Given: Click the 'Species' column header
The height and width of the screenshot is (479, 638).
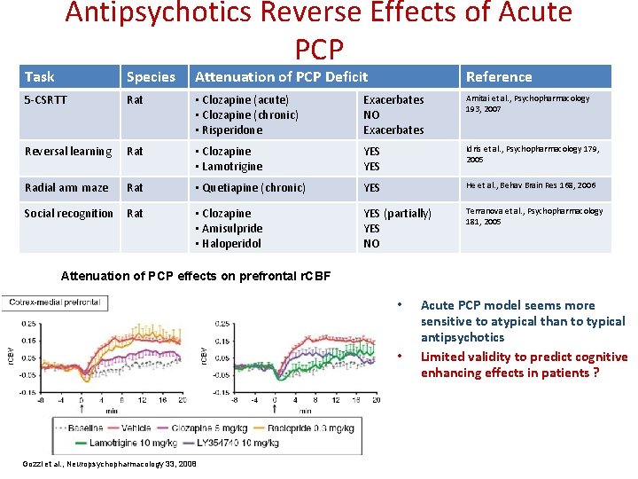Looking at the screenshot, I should point(151,77).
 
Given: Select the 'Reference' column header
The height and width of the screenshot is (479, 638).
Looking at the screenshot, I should point(499,77).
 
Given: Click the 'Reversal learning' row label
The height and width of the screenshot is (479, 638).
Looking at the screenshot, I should point(68,152).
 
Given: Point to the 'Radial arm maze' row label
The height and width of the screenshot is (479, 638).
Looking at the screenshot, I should point(66,187).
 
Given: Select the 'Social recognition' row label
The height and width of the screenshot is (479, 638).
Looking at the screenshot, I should point(68,214).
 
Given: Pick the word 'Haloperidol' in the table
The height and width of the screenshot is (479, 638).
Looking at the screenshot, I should point(232,243).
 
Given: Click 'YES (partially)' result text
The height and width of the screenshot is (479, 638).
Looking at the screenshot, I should point(397,214).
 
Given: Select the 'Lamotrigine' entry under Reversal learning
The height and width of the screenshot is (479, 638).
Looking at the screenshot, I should point(232,167).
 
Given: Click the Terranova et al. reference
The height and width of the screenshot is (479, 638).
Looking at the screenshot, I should point(534,216).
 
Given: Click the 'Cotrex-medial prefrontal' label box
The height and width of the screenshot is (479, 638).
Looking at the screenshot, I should point(56,303).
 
